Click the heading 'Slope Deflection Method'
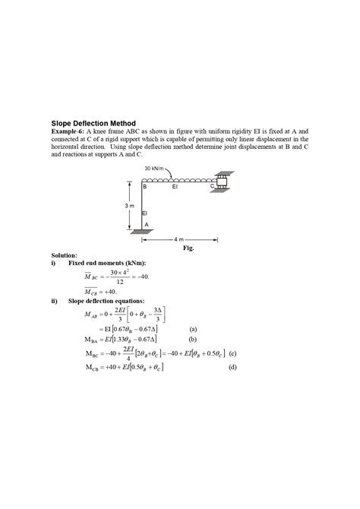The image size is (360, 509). [93, 122]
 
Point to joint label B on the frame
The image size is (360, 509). [144, 186]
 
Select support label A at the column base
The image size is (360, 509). [147, 224]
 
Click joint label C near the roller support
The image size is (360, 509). [212, 185]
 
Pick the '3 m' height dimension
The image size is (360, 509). [129, 206]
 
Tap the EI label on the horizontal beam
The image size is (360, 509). [175, 185]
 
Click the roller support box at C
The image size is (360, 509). [223, 182]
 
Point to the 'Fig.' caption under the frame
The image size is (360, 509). [189, 248]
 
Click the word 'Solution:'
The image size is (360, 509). [65, 256]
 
